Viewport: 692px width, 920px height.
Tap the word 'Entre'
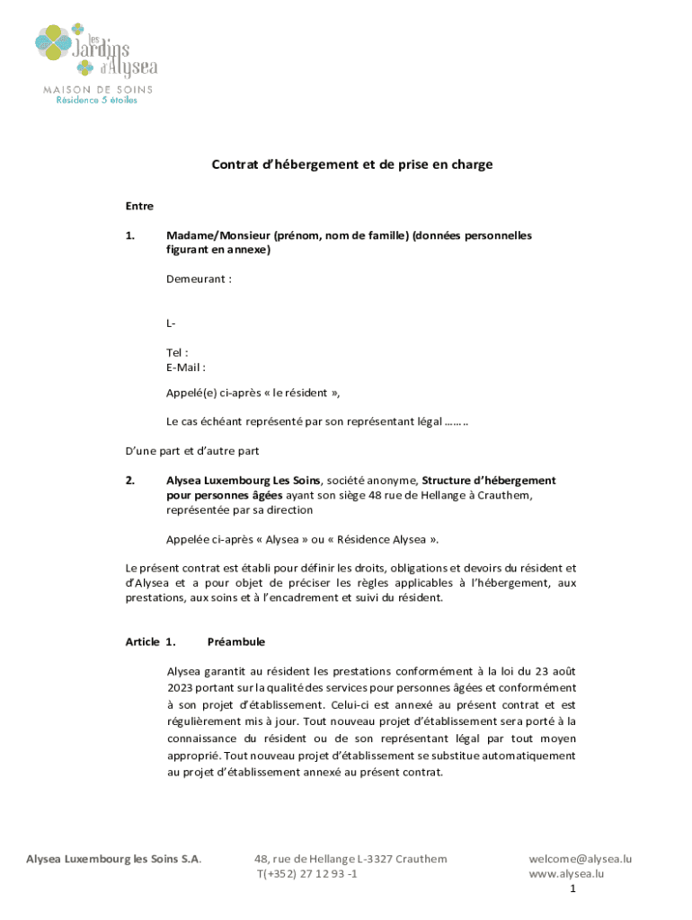pyautogui.click(x=139, y=207)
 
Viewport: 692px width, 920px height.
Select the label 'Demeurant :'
pyautogui.click(x=199, y=279)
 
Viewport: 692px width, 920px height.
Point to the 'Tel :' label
pyautogui.click(x=177, y=352)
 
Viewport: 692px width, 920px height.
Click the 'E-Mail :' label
pyautogui.click(x=186, y=367)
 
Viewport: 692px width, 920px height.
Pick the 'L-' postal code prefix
pyautogui.click(x=171, y=323)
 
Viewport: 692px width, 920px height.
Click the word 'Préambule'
pyautogui.click(x=235, y=642)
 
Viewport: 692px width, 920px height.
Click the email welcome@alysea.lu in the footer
pyautogui.click(x=580, y=859)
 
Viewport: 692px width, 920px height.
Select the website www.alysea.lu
pyautogui.click(x=566, y=873)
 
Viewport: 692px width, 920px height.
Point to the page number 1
pyautogui.click(x=572, y=889)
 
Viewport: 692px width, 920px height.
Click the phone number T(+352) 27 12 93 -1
pyautogui.click(x=307, y=873)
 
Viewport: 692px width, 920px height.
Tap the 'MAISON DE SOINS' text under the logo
pyautogui.click(x=99, y=89)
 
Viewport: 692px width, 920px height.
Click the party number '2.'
pyautogui.click(x=129, y=481)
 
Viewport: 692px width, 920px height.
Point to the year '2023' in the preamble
pyautogui.click(x=182, y=687)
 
